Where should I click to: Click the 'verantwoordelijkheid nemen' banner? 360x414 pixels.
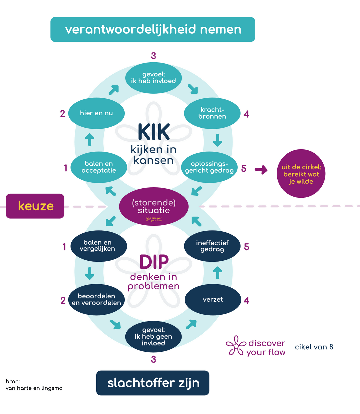coord(153,29)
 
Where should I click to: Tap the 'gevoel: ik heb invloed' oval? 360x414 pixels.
coord(153,78)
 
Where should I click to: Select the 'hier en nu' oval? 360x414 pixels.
coord(96,113)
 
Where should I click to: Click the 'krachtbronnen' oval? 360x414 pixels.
coord(212,113)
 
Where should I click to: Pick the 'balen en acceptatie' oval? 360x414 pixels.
coord(99,167)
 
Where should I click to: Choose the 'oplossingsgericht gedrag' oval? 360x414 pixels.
coord(209,167)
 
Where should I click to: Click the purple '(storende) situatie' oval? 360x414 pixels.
coord(154,207)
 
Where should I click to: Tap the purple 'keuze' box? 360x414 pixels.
coord(35,206)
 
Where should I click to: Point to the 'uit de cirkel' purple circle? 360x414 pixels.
coord(301,174)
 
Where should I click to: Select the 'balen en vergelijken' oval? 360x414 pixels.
coord(99,246)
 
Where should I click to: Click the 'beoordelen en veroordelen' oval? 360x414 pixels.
coord(96,299)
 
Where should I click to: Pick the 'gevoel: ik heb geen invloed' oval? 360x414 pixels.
coord(153,336)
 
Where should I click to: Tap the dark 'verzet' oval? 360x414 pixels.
coord(213,300)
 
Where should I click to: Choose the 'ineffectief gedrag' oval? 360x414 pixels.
coord(212,246)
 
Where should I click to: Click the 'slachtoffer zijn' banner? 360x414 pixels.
coord(153,383)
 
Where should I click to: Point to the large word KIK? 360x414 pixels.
coord(154,132)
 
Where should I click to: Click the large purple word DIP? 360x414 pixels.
coord(154,262)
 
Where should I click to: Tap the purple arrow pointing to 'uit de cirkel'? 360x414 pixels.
coord(261,170)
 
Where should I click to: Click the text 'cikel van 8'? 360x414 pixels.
coord(314,347)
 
